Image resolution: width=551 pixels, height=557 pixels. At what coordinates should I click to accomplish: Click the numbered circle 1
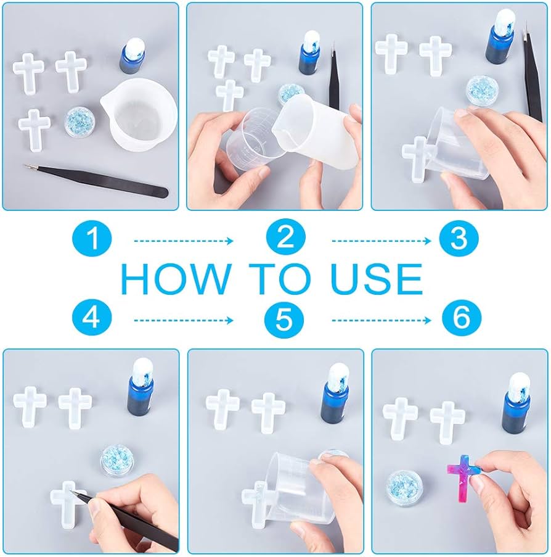(92, 238)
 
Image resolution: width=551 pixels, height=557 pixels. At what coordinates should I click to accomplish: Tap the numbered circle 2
(285, 238)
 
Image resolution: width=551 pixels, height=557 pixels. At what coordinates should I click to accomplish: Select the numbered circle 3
(459, 238)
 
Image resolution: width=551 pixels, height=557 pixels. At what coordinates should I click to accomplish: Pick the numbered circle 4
(92, 318)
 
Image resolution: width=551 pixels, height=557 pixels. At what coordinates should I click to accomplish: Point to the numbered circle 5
(285, 318)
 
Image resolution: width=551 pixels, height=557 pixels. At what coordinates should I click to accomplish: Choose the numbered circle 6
(462, 318)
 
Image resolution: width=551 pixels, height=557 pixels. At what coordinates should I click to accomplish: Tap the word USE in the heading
(377, 279)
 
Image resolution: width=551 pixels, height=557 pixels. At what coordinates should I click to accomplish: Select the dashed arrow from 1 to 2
(184, 241)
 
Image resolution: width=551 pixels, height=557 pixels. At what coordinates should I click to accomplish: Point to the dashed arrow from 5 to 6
(382, 320)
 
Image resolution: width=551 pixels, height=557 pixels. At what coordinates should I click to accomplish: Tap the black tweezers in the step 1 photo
(96, 181)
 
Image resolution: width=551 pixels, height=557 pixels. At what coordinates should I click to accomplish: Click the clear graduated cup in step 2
(252, 140)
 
